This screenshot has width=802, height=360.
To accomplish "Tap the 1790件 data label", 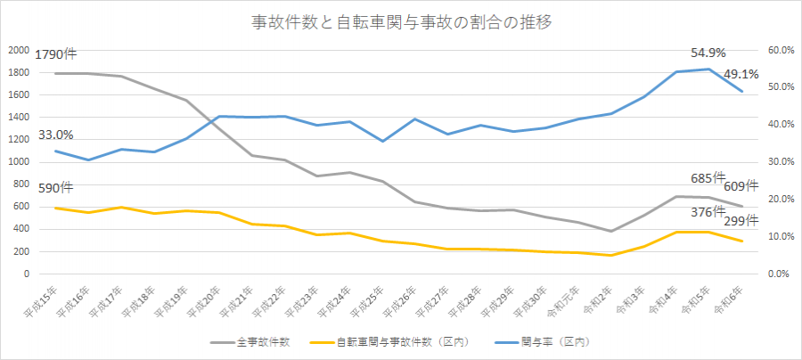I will coord(56,54).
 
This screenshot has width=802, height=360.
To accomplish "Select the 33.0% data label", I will coord(55,135).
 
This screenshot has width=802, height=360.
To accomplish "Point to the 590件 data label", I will coord(55,187).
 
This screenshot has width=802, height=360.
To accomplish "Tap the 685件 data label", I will coord(708,178).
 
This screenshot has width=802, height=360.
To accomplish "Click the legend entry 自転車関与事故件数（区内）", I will coord(397,341).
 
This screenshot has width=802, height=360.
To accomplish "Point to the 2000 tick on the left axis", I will coord(18,50).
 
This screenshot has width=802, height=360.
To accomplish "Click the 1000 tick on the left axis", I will coord(18,162).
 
